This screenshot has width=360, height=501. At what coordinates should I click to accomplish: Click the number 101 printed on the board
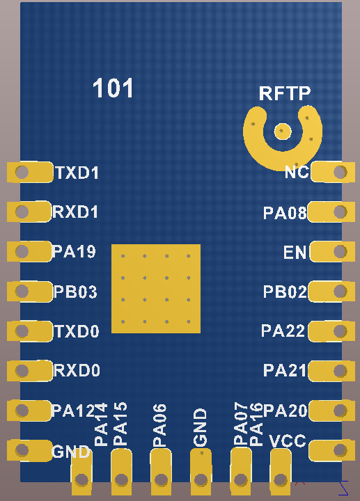(113, 88)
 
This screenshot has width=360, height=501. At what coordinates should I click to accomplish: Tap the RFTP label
(285, 93)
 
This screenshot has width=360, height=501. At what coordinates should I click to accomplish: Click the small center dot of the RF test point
(283, 131)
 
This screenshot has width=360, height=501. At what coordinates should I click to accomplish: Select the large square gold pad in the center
(156, 289)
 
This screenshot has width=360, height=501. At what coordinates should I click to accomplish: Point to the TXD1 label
(77, 173)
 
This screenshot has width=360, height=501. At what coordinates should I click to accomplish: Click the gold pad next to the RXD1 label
(29, 212)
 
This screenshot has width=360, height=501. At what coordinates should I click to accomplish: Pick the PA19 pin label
(75, 251)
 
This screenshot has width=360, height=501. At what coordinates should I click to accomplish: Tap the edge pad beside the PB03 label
(30, 291)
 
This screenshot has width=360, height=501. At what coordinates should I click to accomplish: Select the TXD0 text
(77, 331)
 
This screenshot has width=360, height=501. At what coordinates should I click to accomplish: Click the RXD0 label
(77, 371)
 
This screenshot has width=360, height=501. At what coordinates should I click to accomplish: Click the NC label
(297, 173)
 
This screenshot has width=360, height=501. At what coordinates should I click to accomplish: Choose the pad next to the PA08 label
(331, 212)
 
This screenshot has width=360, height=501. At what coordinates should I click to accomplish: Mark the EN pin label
(295, 253)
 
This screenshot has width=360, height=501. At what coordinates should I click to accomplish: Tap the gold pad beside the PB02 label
(331, 291)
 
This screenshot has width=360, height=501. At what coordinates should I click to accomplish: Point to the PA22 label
(283, 331)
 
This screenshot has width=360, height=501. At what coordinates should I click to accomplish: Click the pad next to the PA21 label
(331, 371)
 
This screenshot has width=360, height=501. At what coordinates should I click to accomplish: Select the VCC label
(288, 441)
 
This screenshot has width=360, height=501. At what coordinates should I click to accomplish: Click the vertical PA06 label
(159, 425)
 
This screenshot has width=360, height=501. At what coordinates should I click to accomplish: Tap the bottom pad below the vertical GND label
(201, 472)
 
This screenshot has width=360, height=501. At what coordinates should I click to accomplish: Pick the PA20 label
(285, 411)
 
